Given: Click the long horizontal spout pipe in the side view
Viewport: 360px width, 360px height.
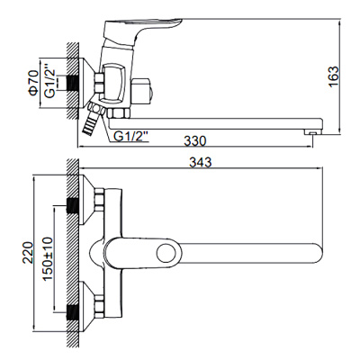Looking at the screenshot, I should [x=225, y=119].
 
